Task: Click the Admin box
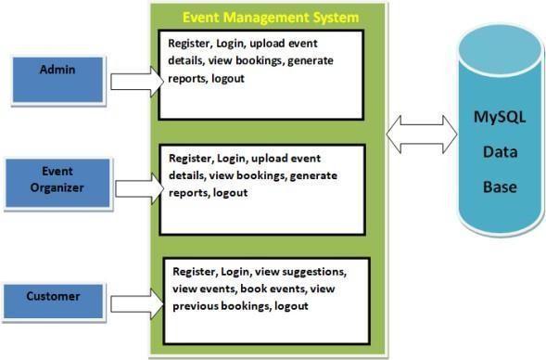pyautogui.click(x=57, y=80)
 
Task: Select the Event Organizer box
pyautogui.click(x=57, y=183)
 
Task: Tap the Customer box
pyautogui.click(x=53, y=302)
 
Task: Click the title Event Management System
pyautogui.click(x=271, y=18)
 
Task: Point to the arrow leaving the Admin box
pyautogui.click(x=137, y=82)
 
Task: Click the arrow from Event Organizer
pyautogui.click(x=140, y=189)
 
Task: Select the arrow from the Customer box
pyautogui.click(x=137, y=304)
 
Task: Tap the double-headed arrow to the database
pyautogui.click(x=422, y=135)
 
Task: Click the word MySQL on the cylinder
pyautogui.click(x=500, y=117)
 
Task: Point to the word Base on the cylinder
pyautogui.click(x=500, y=186)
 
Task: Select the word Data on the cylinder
pyautogui.click(x=500, y=152)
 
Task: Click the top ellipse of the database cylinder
pyautogui.click(x=501, y=49)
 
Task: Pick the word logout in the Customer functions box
pyautogui.click(x=291, y=306)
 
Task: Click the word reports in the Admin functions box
pyautogui.click(x=187, y=79)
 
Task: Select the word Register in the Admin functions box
pyautogui.click(x=189, y=44)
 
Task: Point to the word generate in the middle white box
pyautogui.click(x=313, y=175)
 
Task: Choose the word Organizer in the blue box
pyautogui.click(x=57, y=188)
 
